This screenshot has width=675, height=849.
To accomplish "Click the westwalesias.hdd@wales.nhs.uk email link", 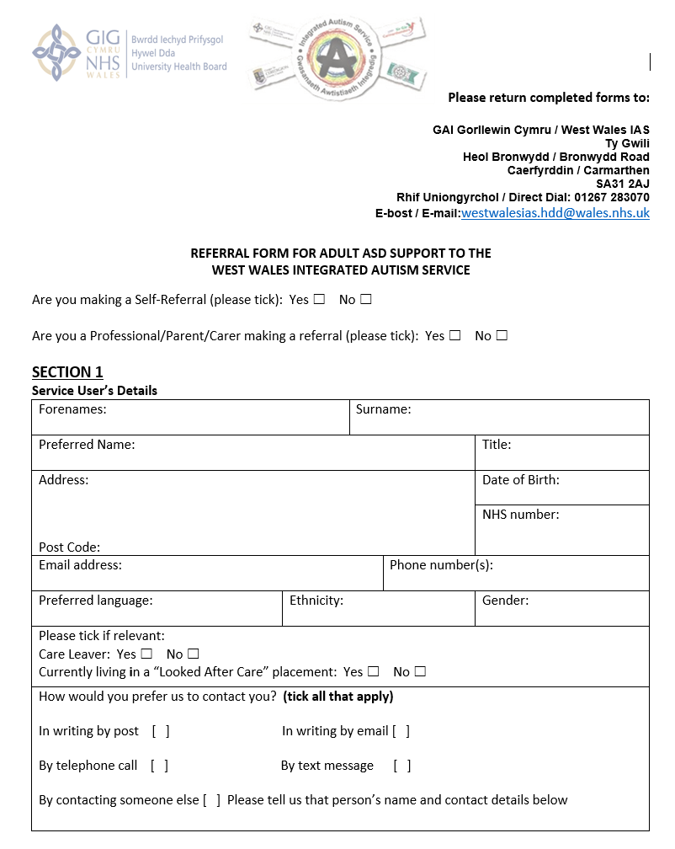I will (555, 213).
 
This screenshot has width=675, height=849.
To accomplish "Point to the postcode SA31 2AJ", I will (622, 184).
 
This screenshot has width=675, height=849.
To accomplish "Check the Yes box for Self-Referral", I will (319, 300).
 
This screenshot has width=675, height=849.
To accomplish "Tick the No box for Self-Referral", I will (366, 300).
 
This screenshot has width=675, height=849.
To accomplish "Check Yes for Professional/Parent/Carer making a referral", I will (454, 335).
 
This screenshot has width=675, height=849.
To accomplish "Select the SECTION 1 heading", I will (67, 372).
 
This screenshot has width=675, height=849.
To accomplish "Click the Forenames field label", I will (72, 409).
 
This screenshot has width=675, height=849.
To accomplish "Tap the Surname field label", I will (383, 409).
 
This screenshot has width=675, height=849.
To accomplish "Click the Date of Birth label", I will (520, 480).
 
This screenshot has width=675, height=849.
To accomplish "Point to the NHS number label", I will (520, 514).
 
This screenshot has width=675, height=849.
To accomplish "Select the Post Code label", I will (69, 547).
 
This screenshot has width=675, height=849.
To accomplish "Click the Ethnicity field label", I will (316, 601).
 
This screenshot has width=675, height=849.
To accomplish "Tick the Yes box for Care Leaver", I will (146, 654).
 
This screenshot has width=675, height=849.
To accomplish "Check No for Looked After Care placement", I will (420, 671).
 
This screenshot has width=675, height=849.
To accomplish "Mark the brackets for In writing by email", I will (401, 731).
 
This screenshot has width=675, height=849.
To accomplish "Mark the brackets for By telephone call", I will (160, 766).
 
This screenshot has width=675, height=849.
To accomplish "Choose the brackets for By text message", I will (402, 766).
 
